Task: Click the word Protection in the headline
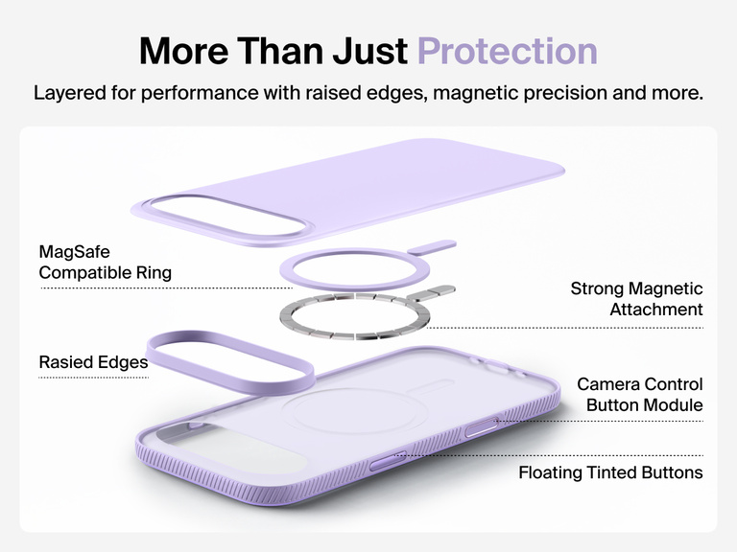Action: pos(507,51)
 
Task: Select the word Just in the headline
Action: pos(368,51)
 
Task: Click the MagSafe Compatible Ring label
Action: pos(105,262)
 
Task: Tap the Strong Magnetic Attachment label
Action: pos(637,299)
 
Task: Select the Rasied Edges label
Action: pos(93,362)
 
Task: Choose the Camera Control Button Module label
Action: pos(640,395)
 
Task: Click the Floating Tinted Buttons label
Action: pos(610,472)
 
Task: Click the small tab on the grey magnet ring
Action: pos(440,288)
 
